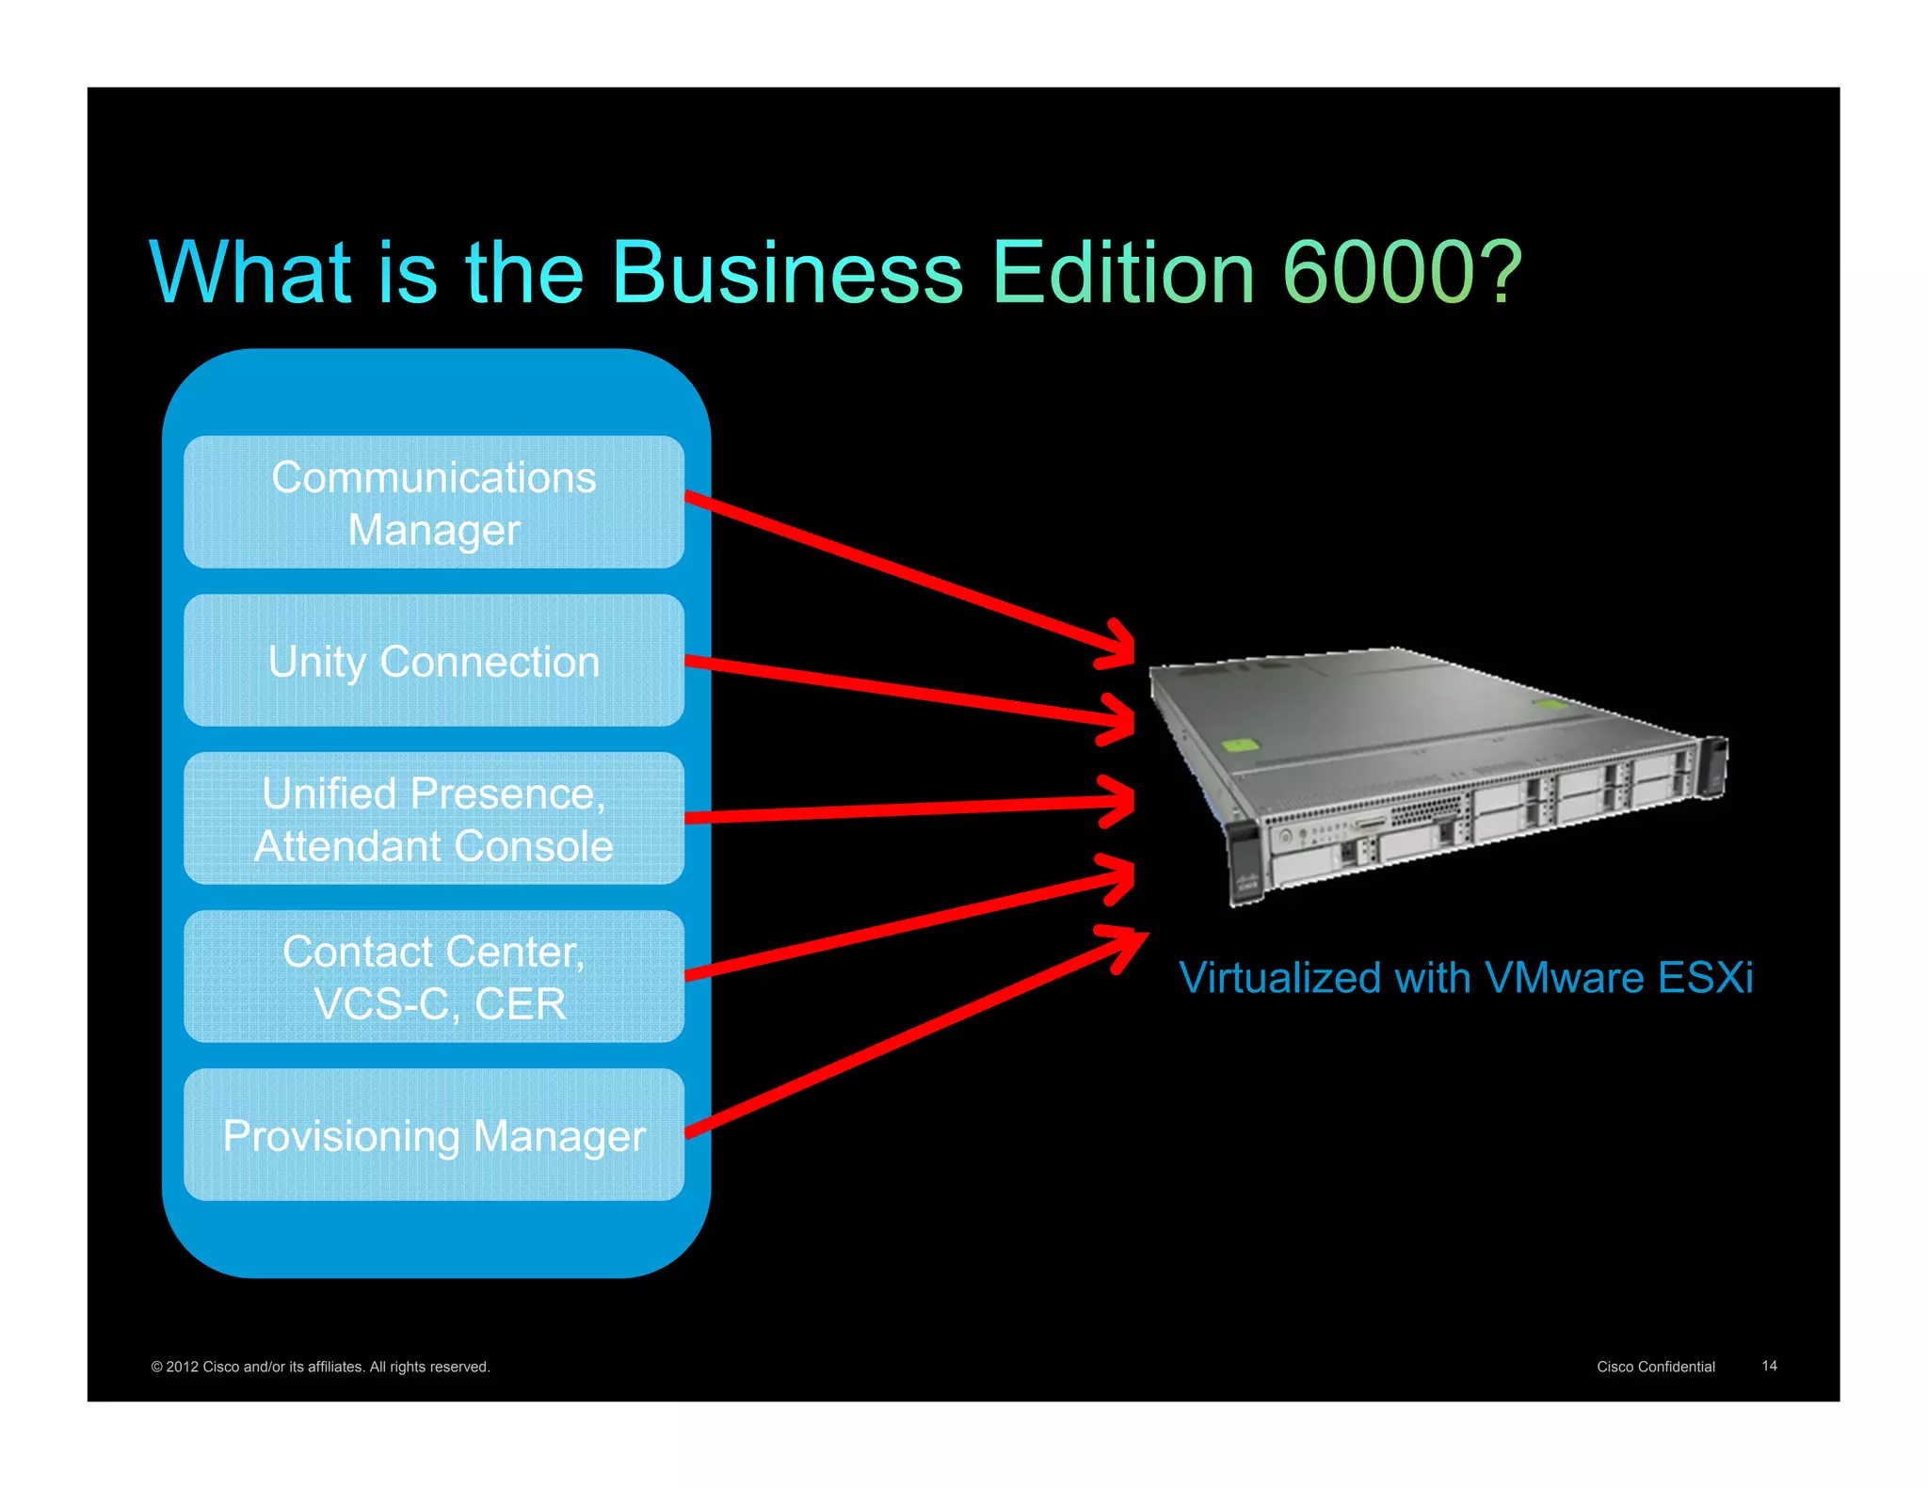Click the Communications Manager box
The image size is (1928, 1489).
coord(433,503)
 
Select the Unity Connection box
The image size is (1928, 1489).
coord(433,661)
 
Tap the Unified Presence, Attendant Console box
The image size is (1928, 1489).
coord(433,819)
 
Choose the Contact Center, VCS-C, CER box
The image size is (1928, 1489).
coord(433,977)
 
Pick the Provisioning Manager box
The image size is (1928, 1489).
coord(433,1135)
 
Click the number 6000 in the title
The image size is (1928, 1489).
coord(1377,273)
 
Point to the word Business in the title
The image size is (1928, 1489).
coord(788,273)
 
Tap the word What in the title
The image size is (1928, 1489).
coord(250,273)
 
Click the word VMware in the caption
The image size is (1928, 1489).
coord(1564,978)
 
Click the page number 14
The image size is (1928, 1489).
coord(1769,1366)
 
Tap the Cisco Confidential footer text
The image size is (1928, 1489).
coord(1655,1367)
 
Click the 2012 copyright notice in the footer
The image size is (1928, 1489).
coord(320,1367)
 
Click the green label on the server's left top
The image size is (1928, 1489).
coord(1240,746)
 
